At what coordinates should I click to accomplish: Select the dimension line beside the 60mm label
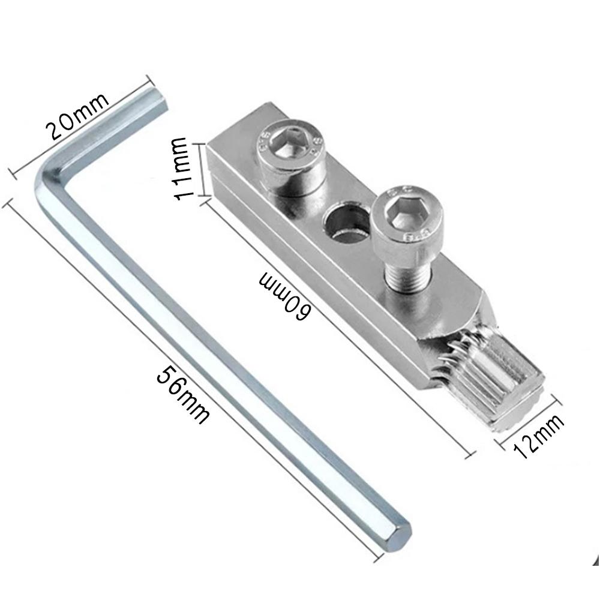336,327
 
